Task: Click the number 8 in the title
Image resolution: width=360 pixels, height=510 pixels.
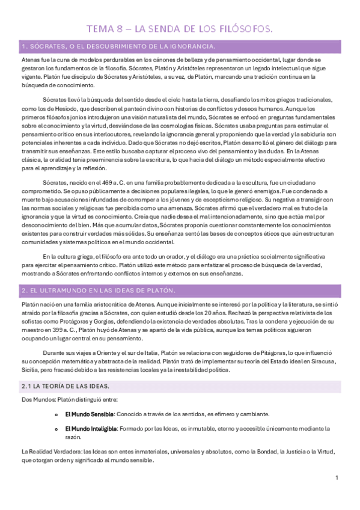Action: (x=120, y=28)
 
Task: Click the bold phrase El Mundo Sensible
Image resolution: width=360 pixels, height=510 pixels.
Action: (x=89, y=414)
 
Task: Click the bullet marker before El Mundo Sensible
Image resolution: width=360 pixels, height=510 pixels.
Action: (x=56, y=414)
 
